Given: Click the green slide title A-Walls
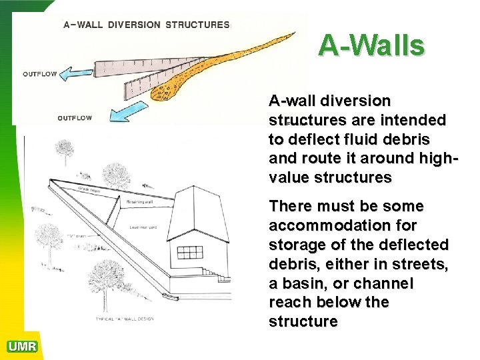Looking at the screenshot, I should pos(371,45).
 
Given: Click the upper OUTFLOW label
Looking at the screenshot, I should pos(39,74).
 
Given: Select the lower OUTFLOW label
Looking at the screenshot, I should pos(75,118).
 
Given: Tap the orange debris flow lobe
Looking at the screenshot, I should pos(193,73).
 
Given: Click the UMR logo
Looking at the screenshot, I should pos(22,346).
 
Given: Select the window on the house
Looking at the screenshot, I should pos(190,253).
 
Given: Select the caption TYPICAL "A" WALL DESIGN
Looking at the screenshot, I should pos(124,319).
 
